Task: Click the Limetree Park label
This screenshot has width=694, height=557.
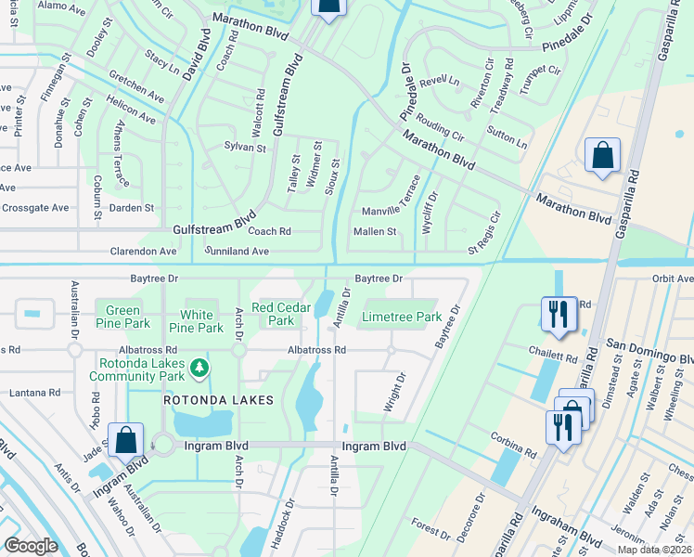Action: tap(401, 317)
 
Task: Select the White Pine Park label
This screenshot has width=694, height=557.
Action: tap(196, 321)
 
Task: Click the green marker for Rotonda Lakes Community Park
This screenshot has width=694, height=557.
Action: tap(199, 369)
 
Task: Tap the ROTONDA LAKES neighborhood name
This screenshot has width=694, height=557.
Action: tap(218, 400)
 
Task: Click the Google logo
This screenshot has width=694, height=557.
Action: tap(31, 546)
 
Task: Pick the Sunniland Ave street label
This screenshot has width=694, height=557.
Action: tap(237, 252)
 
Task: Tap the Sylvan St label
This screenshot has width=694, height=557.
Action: tap(245, 148)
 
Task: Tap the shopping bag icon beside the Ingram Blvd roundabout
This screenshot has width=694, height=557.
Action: tap(125, 439)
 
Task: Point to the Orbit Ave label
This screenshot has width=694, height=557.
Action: tap(673, 278)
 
